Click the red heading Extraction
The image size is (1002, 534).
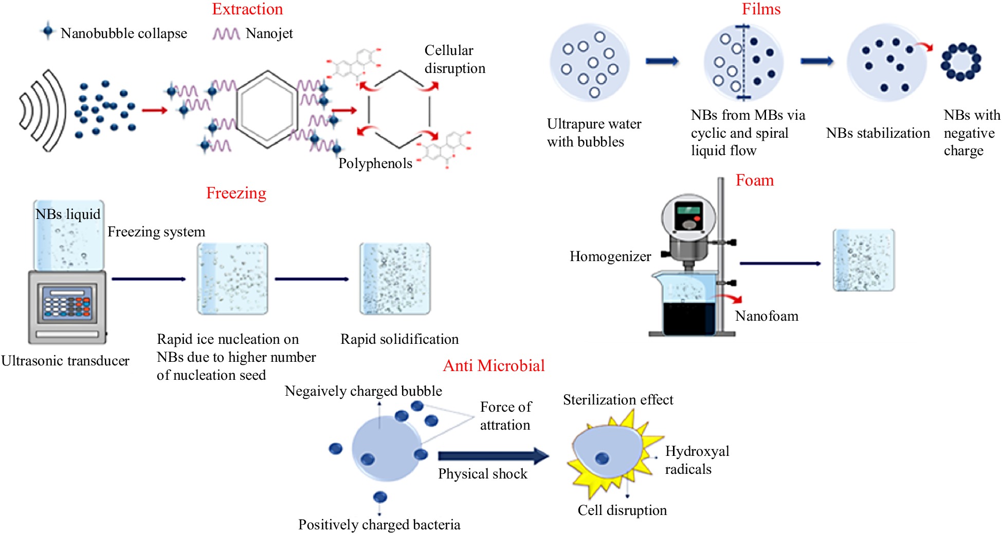(x=247, y=9)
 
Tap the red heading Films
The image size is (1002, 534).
(x=760, y=9)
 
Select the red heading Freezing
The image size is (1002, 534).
(x=236, y=193)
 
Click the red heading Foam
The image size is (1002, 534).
(x=754, y=180)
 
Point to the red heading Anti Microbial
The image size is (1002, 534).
(x=494, y=365)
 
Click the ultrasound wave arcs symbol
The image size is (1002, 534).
(x=43, y=111)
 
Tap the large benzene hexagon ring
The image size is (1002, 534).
(x=267, y=109)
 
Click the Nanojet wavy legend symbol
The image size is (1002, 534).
(x=226, y=34)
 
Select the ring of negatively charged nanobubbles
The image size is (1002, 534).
(x=960, y=62)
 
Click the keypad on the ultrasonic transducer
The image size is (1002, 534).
(x=67, y=303)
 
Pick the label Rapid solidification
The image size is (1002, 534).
(x=399, y=339)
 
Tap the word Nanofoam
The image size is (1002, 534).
(x=767, y=316)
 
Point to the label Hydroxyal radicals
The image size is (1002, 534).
(x=697, y=460)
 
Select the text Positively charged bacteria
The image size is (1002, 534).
(x=379, y=525)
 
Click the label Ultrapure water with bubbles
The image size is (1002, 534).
(x=594, y=133)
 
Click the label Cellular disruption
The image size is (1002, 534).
(x=454, y=59)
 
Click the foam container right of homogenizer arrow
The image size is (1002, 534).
(x=863, y=260)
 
